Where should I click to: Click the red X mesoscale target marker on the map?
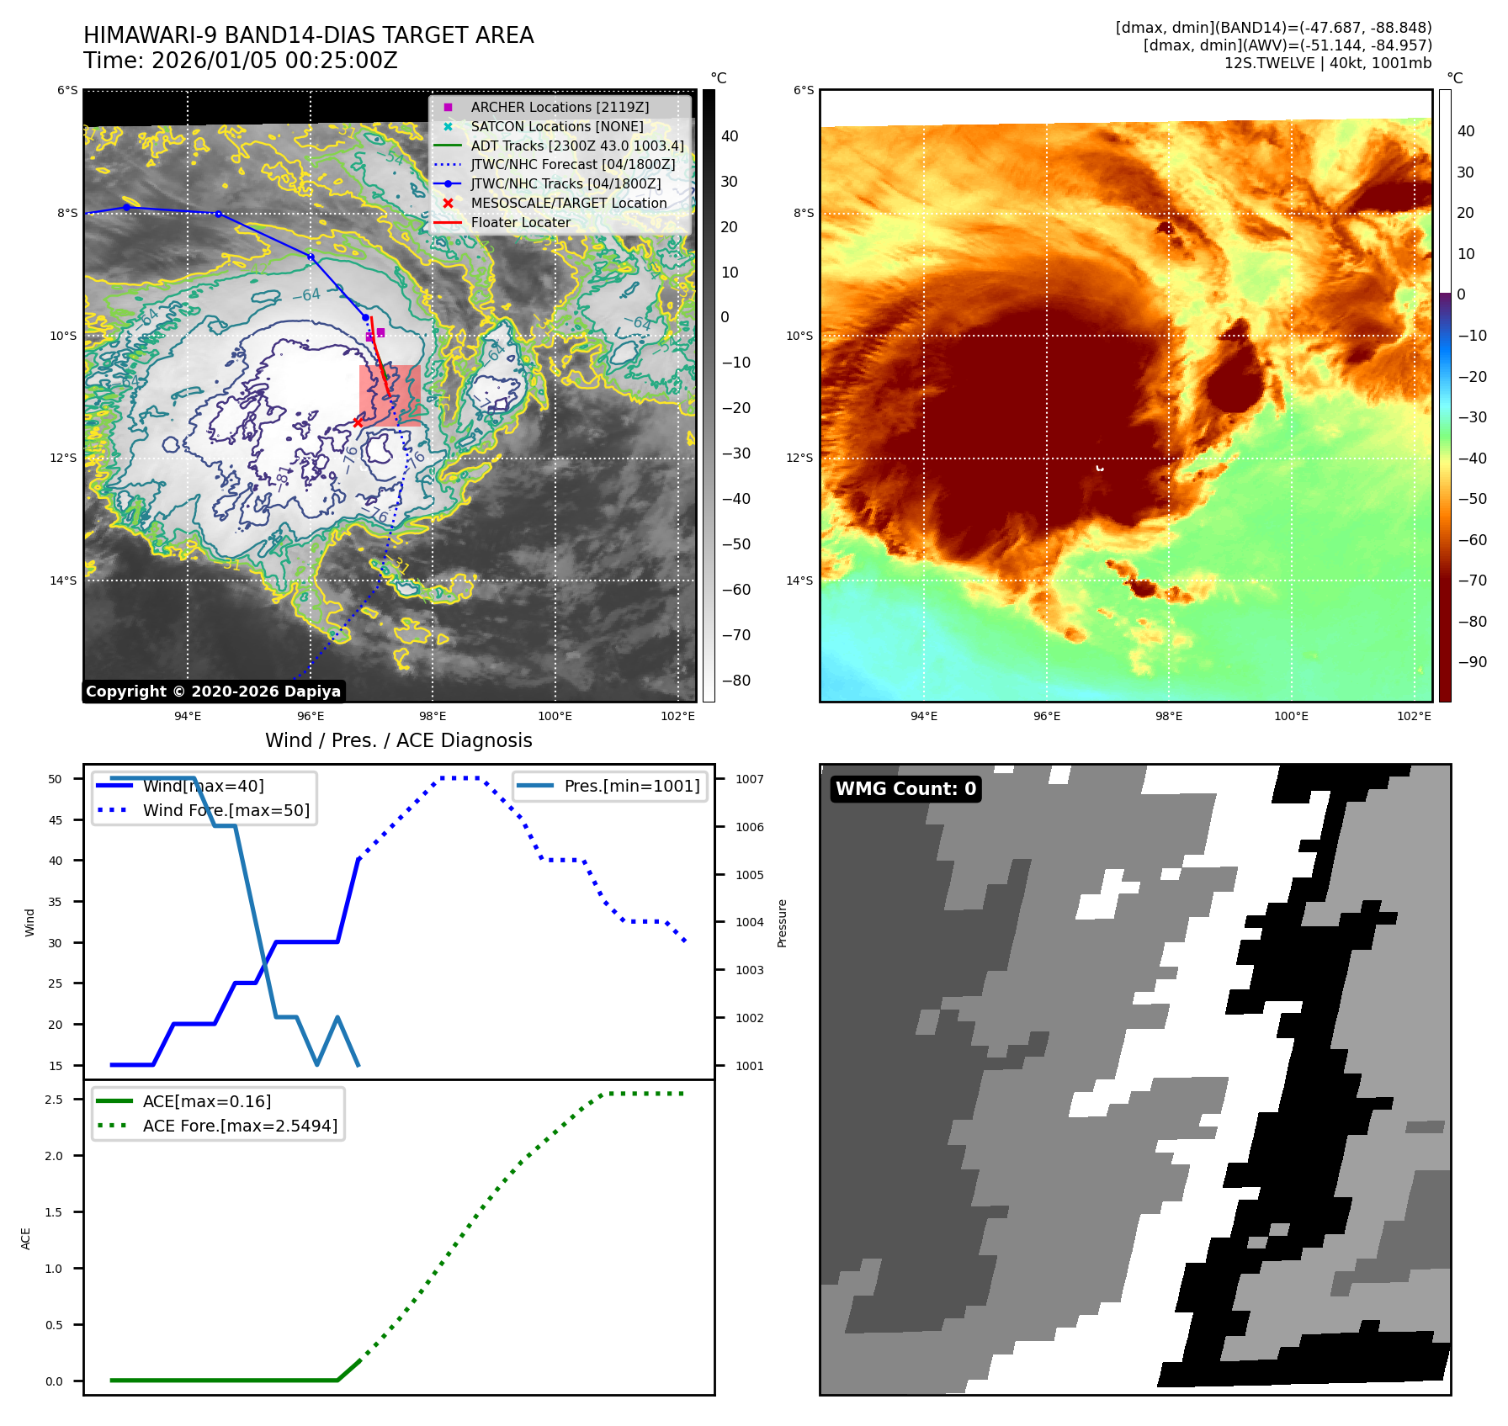pos(358,422)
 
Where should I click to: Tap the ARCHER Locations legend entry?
pos(560,108)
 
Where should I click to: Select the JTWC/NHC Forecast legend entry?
pos(572,165)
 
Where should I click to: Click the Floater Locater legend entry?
pos(520,223)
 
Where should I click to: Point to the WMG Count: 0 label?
pos(905,789)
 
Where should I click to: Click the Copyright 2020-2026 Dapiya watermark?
pos(213,692)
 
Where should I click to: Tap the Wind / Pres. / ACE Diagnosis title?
pos(398,740)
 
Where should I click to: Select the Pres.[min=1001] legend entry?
pos(631,787)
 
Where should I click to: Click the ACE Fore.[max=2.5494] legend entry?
pos(240,1126)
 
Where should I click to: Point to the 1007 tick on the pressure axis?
pos(749,780)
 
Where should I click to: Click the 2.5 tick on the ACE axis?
pos(54,1100)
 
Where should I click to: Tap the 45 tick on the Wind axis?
pos(56,820)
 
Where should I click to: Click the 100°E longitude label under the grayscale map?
pos(555,717)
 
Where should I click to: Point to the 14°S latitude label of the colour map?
pos(799,580)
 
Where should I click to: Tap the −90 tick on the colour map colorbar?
pos(1472,662)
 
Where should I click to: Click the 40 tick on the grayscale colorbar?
pos(730,136)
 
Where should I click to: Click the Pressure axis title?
pos(782,923)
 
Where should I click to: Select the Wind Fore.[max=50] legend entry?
pos(226,811)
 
